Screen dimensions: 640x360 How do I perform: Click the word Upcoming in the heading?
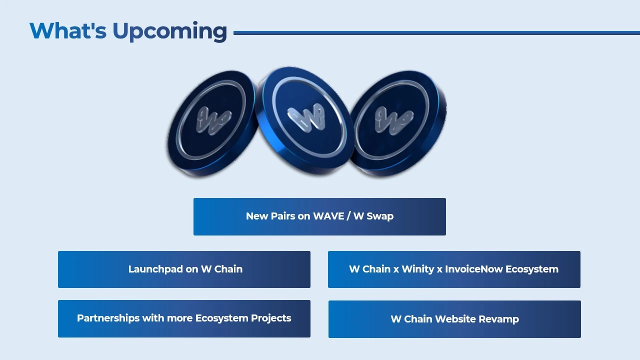[x=170, y=31]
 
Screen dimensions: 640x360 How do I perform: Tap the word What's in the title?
[x=68, y=30]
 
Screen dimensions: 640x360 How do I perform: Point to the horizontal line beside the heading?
[x=436, y=33]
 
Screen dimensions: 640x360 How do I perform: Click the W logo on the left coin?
[x=213, y=120]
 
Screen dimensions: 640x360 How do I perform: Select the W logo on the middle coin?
[x=306, y=117]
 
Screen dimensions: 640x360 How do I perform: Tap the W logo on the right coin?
[x=394, y=120]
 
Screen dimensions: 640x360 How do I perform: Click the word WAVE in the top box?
[x=328, y=216]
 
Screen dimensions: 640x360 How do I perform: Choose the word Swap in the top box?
[x=380, y=217]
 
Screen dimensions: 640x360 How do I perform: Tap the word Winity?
[x=418, y=269]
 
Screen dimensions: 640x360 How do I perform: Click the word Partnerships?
[x=108, y=318]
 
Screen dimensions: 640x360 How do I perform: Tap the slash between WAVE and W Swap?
[x=348, y=216]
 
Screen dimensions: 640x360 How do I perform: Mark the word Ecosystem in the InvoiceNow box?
[x=531, y=269]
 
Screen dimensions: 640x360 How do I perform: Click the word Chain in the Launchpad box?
[x=228, y=269]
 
